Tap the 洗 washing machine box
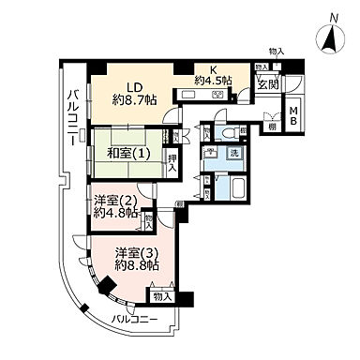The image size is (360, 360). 234,153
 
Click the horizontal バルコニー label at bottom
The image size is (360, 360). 130,320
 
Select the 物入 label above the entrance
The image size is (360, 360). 276,52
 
